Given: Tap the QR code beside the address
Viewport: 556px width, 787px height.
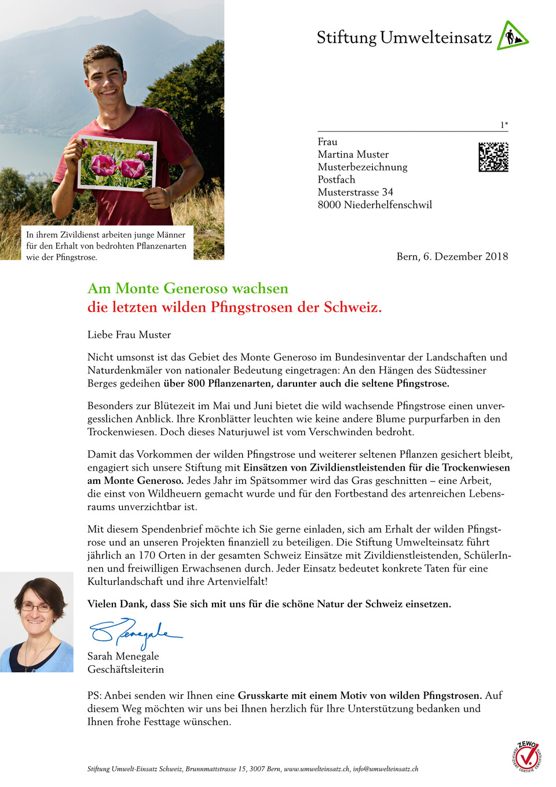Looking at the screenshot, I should (x=493, y=157).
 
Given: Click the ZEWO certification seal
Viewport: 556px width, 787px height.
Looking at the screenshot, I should (x=527, y=756).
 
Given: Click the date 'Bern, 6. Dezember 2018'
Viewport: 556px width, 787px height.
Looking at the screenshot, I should (x=452, y=256).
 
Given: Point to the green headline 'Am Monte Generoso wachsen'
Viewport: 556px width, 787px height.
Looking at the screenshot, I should (x=188, y=289).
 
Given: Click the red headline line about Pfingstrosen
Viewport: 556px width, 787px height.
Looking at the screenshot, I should (x=234, y=307).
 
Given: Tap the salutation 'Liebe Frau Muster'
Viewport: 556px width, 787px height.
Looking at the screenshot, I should (x=129, y=334).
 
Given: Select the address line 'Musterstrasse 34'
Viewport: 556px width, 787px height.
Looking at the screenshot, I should (x=355, y=192).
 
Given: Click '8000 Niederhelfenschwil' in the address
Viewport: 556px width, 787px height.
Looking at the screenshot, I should (x=375, y=205).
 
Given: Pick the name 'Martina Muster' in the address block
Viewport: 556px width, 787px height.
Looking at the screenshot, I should (x=353, y=154).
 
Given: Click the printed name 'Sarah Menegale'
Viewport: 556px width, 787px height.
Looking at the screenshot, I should (x=123, y=656).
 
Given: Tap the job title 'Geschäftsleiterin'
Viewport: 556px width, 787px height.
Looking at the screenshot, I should (x=126, y=669).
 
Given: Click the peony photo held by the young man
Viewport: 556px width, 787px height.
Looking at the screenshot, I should (x=118, y=163).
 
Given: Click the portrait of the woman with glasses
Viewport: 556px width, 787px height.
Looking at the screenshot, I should (x=36, y=622).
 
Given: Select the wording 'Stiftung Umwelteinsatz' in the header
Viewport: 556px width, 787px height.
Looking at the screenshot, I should (x=404, y=38).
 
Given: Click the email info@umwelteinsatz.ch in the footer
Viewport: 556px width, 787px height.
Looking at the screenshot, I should (x=385, y=769).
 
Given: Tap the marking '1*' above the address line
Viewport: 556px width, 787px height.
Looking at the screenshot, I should (x=504, y=125).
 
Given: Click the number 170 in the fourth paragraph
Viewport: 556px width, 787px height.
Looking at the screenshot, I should (x=147, y=555).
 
